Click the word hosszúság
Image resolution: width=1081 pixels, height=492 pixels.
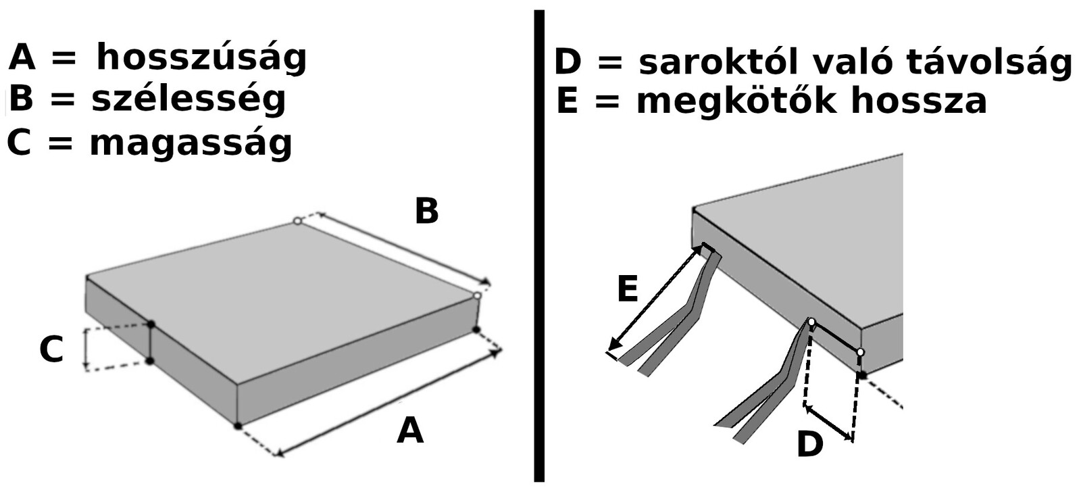[202, 58]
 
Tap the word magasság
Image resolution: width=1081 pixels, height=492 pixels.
[191, 143]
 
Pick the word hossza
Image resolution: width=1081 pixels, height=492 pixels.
[919, 101]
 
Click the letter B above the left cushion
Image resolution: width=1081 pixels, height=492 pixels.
[426, 211]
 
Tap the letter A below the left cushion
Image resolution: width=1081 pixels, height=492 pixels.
[409, 430]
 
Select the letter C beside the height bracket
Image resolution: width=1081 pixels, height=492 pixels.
[51, 349]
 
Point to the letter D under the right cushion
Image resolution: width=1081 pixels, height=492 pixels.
[810, 444]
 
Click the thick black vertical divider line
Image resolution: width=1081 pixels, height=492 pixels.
[539, 246]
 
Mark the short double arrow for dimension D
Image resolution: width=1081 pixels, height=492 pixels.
[828, 423]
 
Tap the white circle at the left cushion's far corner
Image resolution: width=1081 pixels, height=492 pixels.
[297, 220]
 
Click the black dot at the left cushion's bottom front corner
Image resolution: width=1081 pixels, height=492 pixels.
[237, 426]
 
